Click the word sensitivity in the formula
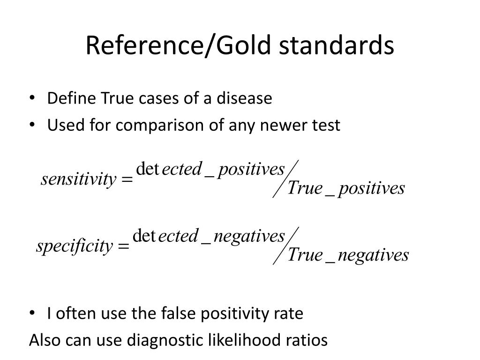pos(78,179)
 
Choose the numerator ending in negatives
pos(209,236)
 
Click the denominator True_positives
pos(346,188)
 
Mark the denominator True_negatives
pos(348,255)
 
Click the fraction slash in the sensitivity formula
pos(285,179)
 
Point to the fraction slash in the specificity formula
pos(285,246)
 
